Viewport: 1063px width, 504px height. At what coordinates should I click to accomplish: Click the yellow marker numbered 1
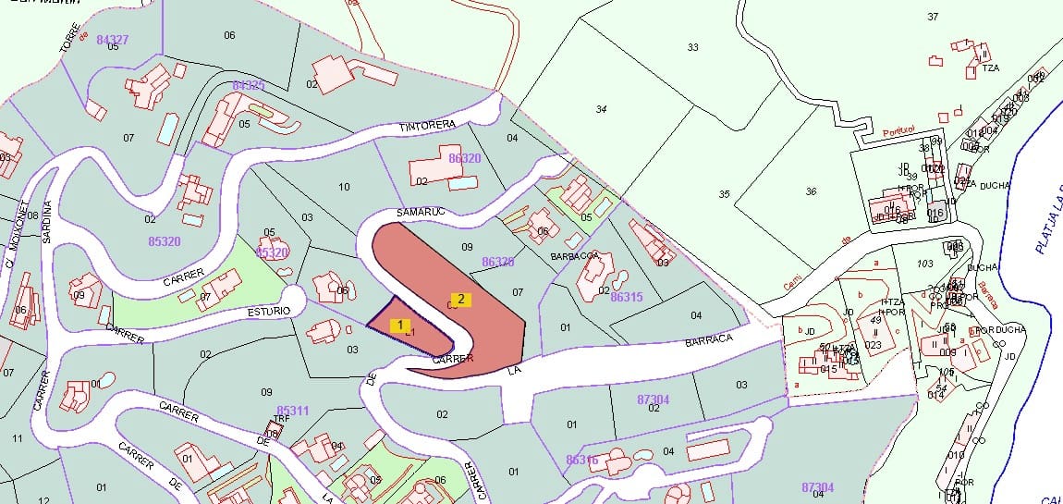pos(399,325)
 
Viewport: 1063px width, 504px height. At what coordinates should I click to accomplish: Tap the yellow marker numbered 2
pos(460,299)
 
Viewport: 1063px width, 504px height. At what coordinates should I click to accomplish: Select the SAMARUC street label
pos(422,212)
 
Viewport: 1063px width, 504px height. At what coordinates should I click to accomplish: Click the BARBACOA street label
pos(575,255)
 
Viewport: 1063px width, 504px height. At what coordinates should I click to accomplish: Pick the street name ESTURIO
pos(269,311)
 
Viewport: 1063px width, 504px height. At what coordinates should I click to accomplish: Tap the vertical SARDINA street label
pos(47,221)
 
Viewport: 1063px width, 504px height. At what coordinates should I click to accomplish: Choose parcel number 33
pos(692,46)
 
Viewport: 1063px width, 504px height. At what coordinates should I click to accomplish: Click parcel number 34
pos(601,109)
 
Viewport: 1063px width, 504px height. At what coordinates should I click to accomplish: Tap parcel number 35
pos(724,194)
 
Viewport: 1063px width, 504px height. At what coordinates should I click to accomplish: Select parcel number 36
pos(811,191)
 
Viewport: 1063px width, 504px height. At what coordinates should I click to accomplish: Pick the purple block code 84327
pos(112,39)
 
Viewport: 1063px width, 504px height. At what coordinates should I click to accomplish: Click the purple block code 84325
pos(249,85)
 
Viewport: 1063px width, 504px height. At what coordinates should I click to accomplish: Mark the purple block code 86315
pos(627,297)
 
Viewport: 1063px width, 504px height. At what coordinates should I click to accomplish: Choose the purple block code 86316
pos(582,460)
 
